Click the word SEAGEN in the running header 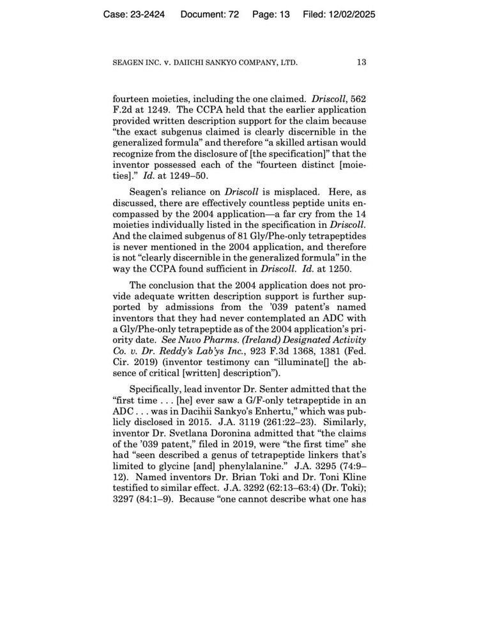point(129,63)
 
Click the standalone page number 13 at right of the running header point(361,63)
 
